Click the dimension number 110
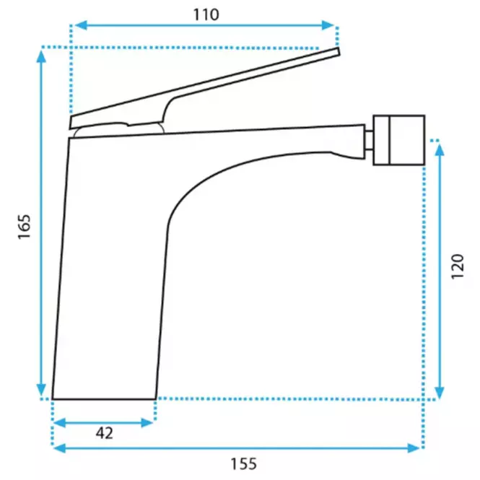(x=206, y=14)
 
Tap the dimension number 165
(x=25, y=227)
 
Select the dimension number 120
(x=458, y=266)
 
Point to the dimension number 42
(x=105, y=433)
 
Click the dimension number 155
(x=244, y=464)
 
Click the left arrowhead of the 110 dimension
(x=81, y=25)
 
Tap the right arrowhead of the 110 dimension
(x=328, y=25)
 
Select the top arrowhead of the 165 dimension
(x=41, y=56)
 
